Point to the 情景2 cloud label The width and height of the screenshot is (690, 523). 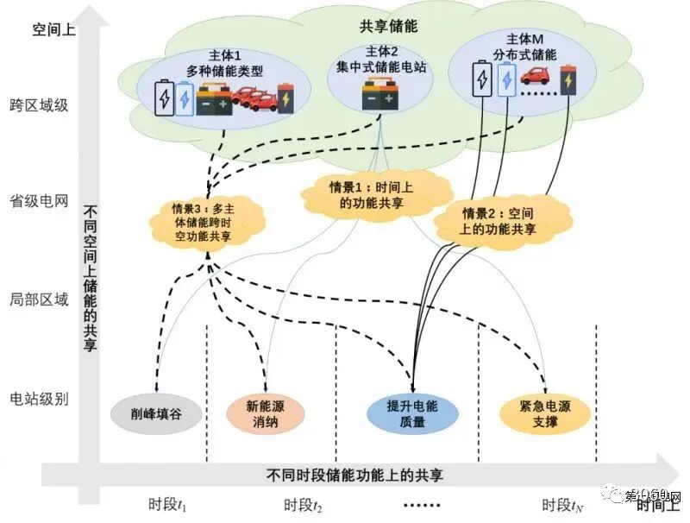(499, 221)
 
